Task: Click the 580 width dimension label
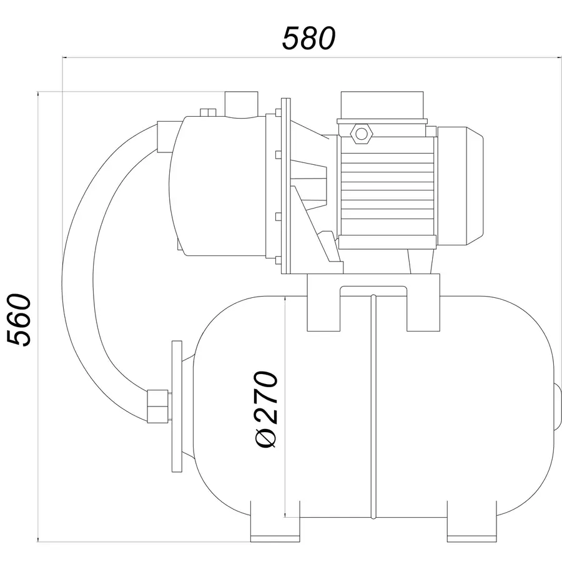coord(308,38)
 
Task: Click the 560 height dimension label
coord(19,320)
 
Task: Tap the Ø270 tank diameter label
coord(265,409)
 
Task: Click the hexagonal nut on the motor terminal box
coord(362,134)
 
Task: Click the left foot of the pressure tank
coord(275,521)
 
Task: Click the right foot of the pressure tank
coord(472,521)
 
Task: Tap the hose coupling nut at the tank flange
coord(158,406)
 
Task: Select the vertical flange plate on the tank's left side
coord(177,406)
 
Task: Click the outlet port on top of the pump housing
coord(241,104)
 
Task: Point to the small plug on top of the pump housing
coord(208,112)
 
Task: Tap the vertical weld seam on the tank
coord(373,407)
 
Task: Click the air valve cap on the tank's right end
coord(558,407)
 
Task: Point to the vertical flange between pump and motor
coord(285,186)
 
